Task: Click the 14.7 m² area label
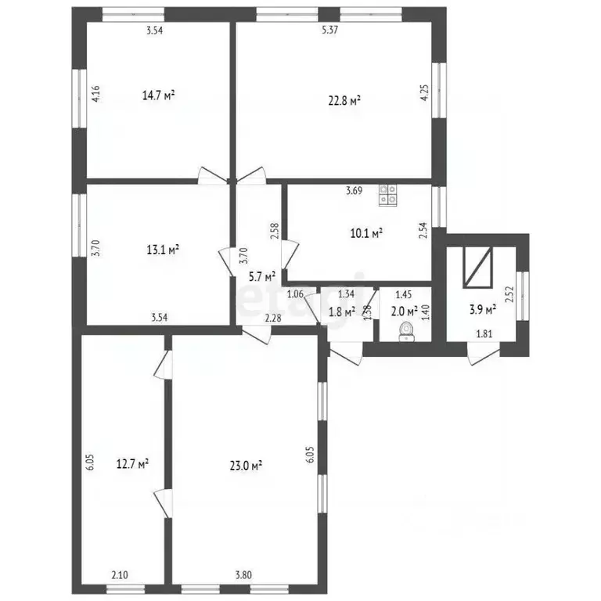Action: pyautogui.click(x=159, y=95)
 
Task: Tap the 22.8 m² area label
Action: pyautogui.click(x=344, y=101)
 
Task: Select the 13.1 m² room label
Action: pyautogui.click(x=164, y=250)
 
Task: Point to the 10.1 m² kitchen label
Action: pyautogui.click(x=367, y=233)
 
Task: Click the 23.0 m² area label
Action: pyautogui.click(x=246, y=466)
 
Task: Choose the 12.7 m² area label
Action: pyautogui.click(x=132, y=464)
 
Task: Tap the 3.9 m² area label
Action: pyautogui.click(x=483, y=309)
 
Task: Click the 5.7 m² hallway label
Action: pyautogui.click(x=262, y=277)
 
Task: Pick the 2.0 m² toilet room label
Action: pyautogui.click(x=405, y=311)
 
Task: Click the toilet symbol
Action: pyautogui.click(x=405, y=332)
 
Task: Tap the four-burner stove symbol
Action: pyautogui.click(x=388, y=195)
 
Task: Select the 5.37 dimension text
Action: pyautogui.click(x=329, y=30)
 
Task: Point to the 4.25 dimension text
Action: pyautogui.click(x=424, y=92)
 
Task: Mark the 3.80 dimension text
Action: pyautogui.click(x=244, y=575)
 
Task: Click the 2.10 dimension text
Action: pyautogui.click(x=120, y=575)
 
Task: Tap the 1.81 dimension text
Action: pyautogui.click(x=484, y=334)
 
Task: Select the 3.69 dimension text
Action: pyautogui.click(x=354, y=190)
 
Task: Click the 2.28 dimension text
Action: pyautogui.click(x=274, y=318)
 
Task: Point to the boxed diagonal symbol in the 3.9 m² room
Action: pyautogui.click(x=477, y=267)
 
